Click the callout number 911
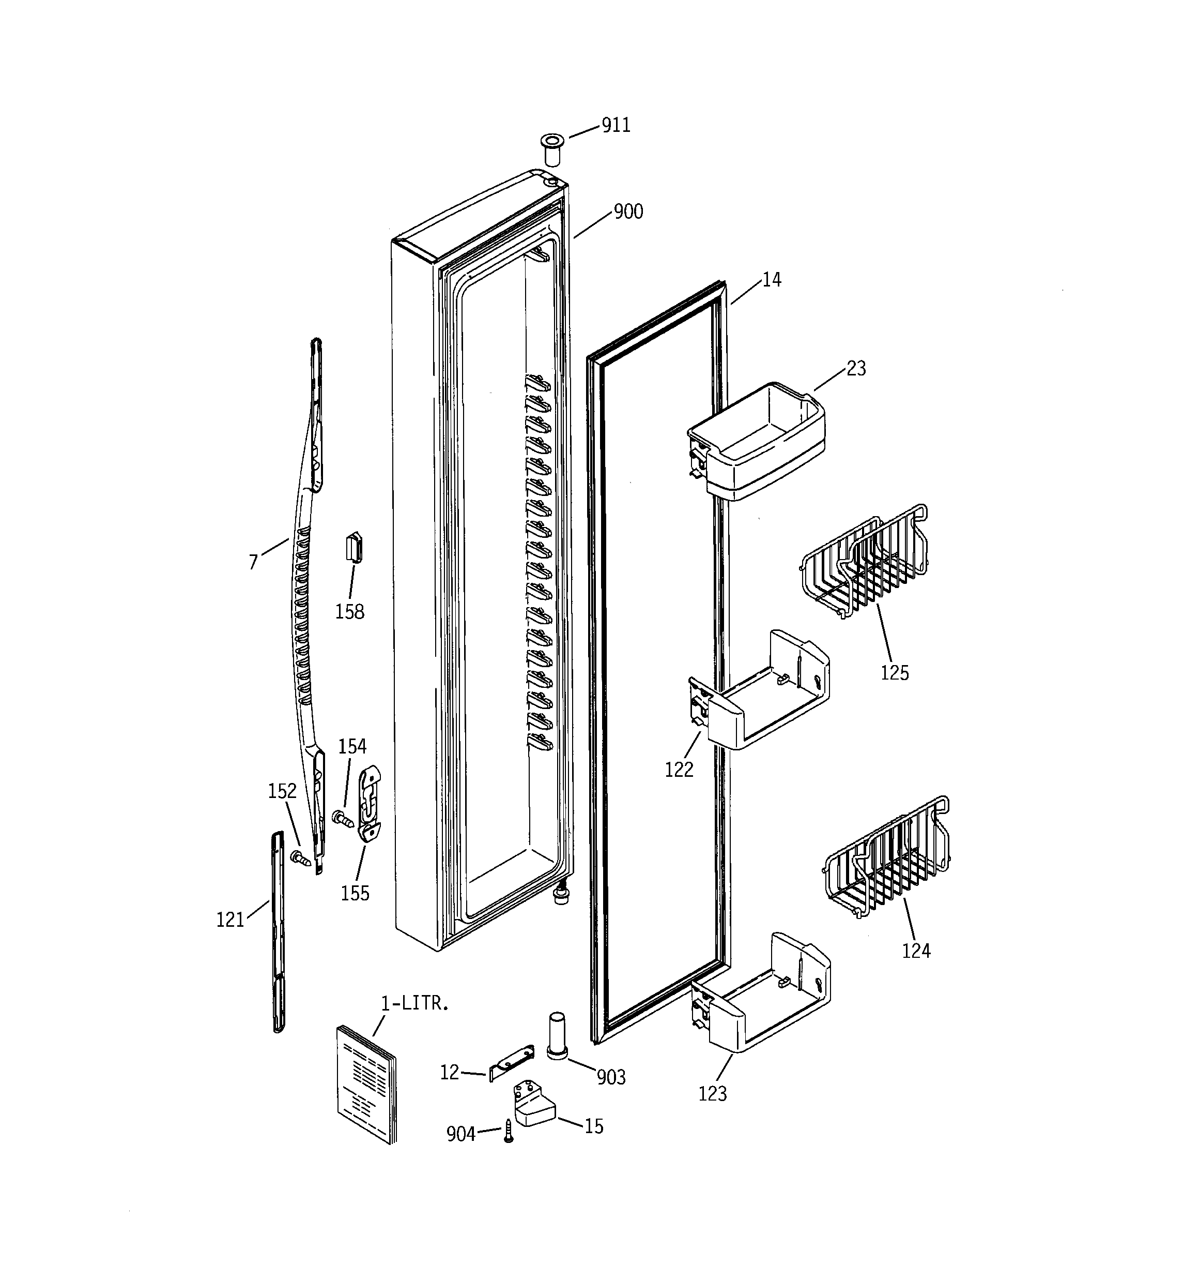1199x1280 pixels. (x=616, y=125)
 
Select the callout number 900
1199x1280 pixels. (x=628, y=212)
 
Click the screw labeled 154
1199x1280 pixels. (x=343, y=819)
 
